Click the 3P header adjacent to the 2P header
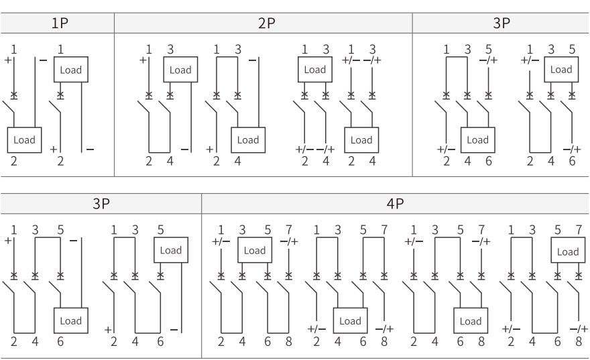click(501, 21)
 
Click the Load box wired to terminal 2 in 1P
click(24, 140)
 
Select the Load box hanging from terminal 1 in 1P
click(71, 69)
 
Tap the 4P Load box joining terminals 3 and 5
click(254, 250)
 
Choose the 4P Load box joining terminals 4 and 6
click(350, 321)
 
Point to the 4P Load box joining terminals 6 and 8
click(470, 321)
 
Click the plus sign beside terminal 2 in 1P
click(53, 148)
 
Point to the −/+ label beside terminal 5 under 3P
click(488, 60)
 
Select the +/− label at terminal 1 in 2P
click(351, 60)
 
